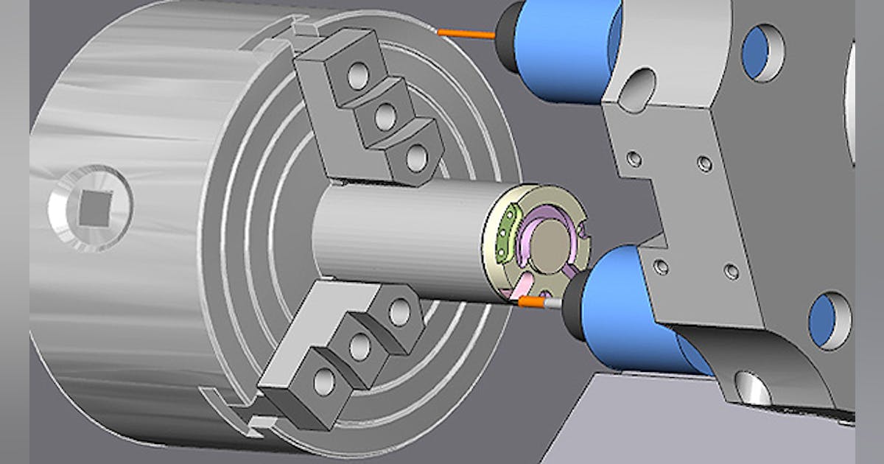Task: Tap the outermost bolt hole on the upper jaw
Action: click(x=359, y=75)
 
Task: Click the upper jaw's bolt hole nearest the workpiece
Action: click(x=416, y=157)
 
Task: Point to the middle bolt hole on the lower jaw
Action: click(x=361, y=346)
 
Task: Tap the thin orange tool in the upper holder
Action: click(x=465, y=33)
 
